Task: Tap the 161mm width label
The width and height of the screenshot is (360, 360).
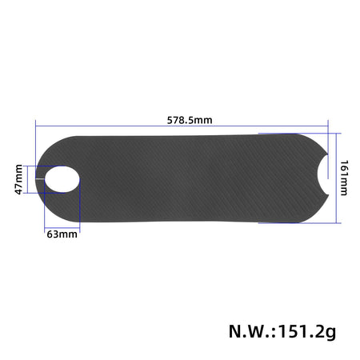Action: click(x=345, y=178)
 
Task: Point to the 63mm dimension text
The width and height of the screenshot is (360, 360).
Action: click(x=62, y=235)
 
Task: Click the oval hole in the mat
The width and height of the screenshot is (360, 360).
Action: click(x=61, y=178)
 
